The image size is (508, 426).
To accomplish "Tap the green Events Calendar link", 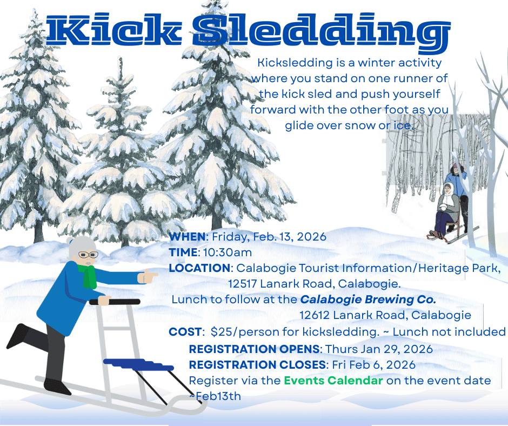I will [333, 381].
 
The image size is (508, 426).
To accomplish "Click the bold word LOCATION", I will [199, 268].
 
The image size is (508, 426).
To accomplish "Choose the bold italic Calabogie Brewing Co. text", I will [368, 299].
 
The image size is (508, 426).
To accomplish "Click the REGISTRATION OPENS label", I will [255, 349].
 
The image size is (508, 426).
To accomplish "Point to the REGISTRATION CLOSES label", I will [257, 364].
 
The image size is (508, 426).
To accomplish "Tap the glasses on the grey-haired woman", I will [88, 254].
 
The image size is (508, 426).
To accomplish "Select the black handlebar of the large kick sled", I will [116, 302].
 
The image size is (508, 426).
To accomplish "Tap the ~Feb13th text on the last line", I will [215, 396].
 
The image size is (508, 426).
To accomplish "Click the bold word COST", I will [184, 331].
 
